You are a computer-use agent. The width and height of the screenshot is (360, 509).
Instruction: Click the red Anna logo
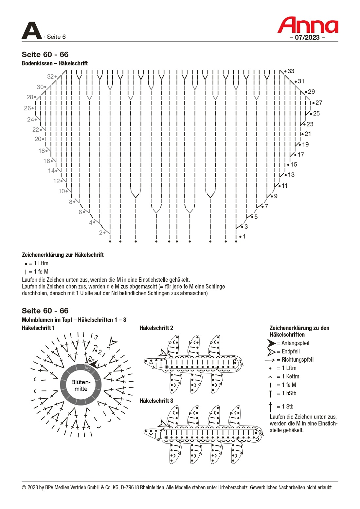[308, 25]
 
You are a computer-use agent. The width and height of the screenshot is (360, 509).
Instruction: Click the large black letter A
[31, 31]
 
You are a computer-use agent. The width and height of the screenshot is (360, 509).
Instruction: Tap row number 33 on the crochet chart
[291, 71]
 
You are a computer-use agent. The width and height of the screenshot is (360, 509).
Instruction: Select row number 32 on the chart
[50, 76]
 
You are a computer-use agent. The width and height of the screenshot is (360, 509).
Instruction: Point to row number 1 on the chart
[244, 236]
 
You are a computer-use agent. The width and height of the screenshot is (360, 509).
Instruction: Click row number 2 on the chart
[101, 233]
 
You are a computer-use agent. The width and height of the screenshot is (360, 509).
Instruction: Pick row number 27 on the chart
[319, 103]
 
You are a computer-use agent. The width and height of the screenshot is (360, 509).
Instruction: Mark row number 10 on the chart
[62, 191]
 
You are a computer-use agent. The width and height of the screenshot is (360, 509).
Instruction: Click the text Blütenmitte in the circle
[81, 386]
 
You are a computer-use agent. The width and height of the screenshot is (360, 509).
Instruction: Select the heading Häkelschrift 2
[156, 328]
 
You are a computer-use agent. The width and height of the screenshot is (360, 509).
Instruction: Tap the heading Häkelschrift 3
[156, 401]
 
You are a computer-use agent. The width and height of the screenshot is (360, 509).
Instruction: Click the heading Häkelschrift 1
[38, 328]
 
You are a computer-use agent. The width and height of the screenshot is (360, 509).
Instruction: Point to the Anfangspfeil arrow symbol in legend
[271, 343]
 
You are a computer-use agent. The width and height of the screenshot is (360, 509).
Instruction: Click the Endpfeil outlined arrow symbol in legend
[271, 352]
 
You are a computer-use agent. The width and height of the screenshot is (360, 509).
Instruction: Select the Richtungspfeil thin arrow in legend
[270, 360]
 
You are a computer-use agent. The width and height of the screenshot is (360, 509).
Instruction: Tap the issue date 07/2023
[307, 37]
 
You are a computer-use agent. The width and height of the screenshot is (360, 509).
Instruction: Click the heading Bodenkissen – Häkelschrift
[55, 63]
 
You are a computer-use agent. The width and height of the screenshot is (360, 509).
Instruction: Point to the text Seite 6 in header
[56, 37]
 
